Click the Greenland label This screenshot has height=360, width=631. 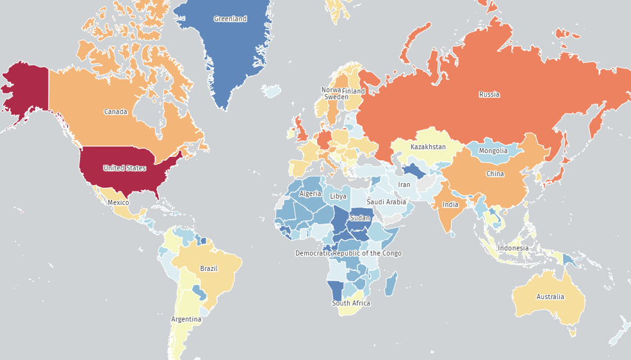230,19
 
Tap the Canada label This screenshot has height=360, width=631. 115,112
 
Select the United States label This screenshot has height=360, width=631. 125,168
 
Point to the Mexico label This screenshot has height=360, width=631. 118,202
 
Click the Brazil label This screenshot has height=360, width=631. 209,268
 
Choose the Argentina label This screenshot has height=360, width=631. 186,319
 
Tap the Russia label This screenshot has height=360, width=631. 489,95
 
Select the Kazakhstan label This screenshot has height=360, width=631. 428,147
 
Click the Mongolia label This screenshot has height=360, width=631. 493,151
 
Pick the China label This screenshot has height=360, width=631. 495,174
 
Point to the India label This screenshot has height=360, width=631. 450,205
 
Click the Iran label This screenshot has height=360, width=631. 404,184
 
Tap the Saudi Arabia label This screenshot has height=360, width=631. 386,202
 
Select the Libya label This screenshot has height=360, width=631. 338,196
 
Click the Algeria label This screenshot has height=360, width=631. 310,193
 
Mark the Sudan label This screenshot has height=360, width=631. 360,218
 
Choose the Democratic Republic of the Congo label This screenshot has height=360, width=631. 348,253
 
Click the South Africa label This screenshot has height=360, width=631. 350,303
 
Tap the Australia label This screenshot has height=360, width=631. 550,297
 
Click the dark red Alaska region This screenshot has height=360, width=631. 26,90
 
